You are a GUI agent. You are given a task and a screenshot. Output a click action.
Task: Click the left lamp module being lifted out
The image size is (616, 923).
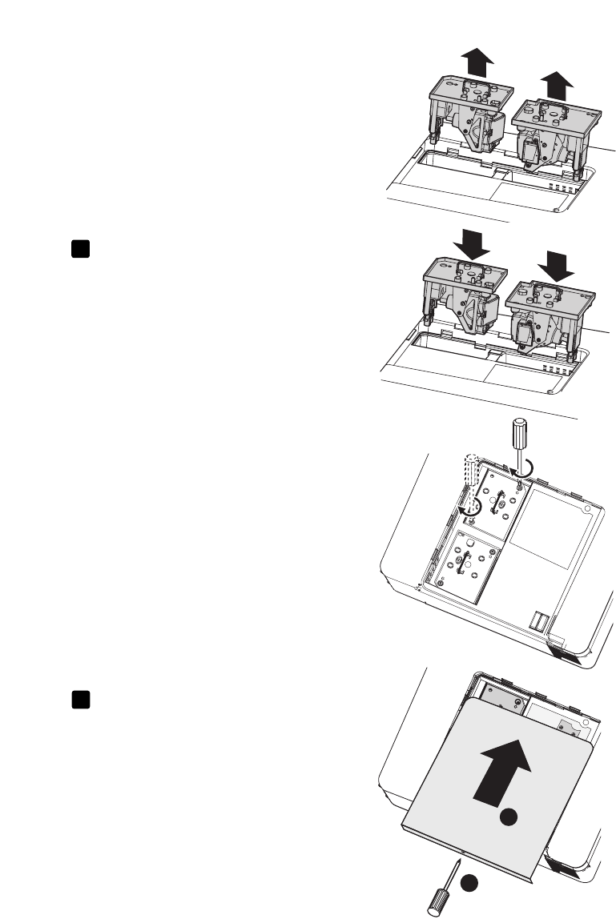[x=468, y=120]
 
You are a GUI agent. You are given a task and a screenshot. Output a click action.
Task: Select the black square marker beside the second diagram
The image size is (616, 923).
[x=78, y=249]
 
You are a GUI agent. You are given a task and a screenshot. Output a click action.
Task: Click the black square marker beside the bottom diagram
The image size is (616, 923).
[x=78, y=700]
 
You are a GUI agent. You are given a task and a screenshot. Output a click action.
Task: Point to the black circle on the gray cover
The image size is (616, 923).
[x=505, y=821]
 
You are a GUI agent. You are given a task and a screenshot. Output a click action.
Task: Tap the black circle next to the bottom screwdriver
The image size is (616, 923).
[x=469, y=881]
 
